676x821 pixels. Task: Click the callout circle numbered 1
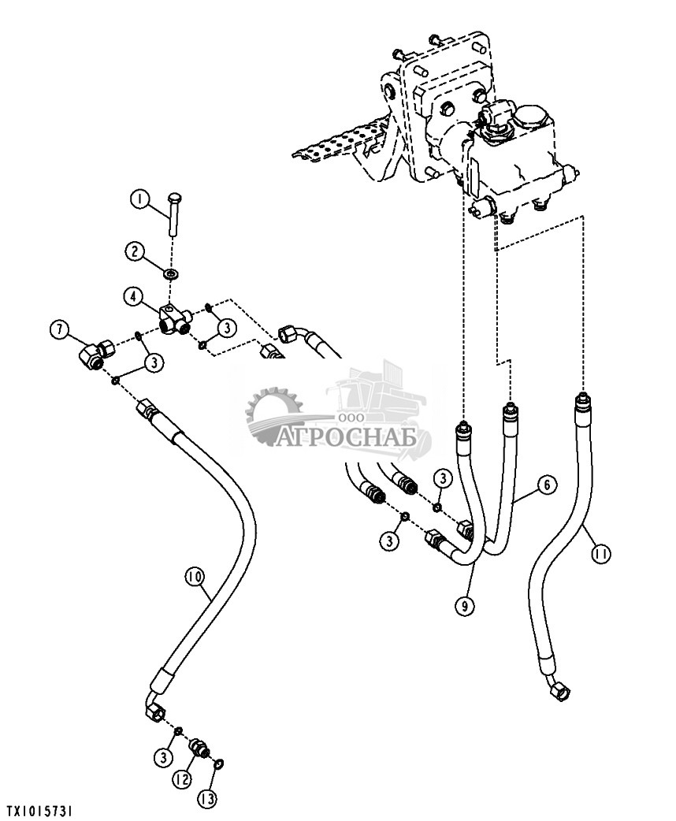[x=139, y=200]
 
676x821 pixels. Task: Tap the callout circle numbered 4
[x=133, y=297]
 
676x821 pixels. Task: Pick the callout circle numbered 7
[x=60, y=329]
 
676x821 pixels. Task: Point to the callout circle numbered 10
[x=195, y=578]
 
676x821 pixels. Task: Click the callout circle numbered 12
[x=183, y=780]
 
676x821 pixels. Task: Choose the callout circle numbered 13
[x=206, y=800]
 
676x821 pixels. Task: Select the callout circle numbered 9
[x=465, y=607]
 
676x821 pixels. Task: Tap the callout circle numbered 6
[x=547, y=485]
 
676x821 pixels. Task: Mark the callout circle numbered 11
[x=601, y=553]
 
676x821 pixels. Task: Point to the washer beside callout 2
[x=171, y=273]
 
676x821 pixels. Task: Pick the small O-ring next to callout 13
[x=219, y=764]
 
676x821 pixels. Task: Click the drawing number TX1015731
[x=37, y=811]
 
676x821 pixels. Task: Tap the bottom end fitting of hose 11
[x=559, y=690]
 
